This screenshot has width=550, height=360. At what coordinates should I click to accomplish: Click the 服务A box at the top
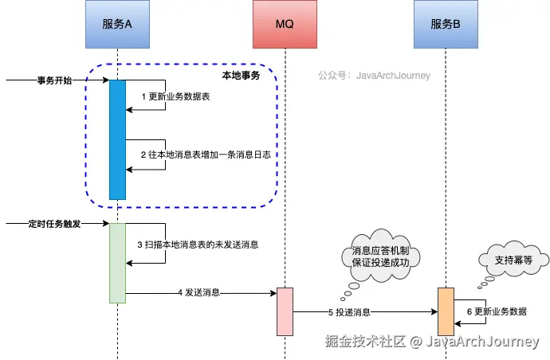coord(117,24)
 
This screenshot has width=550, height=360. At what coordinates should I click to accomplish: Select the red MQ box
coord(285,24)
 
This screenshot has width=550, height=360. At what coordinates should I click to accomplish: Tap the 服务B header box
coord(446,24)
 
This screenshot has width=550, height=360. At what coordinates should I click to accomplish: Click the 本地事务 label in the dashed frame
coord(241,75)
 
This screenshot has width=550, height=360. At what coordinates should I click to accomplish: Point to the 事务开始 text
coord(54,80)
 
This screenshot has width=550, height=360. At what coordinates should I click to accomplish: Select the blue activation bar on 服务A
coord(117,139)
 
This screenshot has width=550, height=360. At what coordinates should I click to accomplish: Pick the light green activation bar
coord(117,263)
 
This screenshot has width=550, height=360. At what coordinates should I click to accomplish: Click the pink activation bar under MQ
coord(285,311)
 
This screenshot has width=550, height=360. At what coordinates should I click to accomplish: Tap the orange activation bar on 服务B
coord(446,311)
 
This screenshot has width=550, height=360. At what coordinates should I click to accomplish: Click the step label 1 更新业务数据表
coord(175,96)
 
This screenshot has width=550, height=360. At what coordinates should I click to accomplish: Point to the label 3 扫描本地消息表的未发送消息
coord(198,244)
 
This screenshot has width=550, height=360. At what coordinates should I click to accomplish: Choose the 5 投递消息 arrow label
coord(349,312)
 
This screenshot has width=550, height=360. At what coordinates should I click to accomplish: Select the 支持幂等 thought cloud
coord(513,259)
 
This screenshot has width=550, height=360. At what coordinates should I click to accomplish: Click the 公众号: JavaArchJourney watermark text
coord(374,76)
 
